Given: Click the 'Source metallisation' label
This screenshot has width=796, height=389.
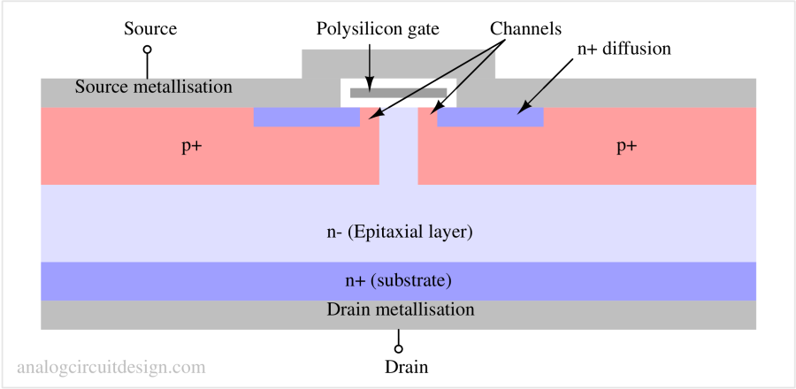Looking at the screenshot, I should (153, 88).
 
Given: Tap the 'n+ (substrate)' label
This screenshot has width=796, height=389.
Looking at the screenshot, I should (398, 281).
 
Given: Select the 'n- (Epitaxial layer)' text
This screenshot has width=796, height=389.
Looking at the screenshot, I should (400, 233).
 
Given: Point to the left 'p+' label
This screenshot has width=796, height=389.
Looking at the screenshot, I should (192, 147).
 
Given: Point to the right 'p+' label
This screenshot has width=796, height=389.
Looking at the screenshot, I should (626, 147).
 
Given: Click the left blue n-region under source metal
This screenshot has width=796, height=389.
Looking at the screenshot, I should (306, 117).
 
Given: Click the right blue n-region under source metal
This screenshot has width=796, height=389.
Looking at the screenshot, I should (490, 117).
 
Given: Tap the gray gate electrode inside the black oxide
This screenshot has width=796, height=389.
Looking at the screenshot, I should (398, 92).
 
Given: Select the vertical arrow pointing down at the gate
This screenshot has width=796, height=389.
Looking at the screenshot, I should (370, 62).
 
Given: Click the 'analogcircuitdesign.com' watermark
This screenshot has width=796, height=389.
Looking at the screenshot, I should (111, 366).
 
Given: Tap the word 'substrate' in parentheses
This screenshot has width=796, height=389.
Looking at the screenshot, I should (411, 281).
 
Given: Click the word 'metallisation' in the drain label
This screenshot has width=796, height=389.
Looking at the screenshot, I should (424, 309).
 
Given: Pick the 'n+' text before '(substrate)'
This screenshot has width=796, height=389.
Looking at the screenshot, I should (355, 281).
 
